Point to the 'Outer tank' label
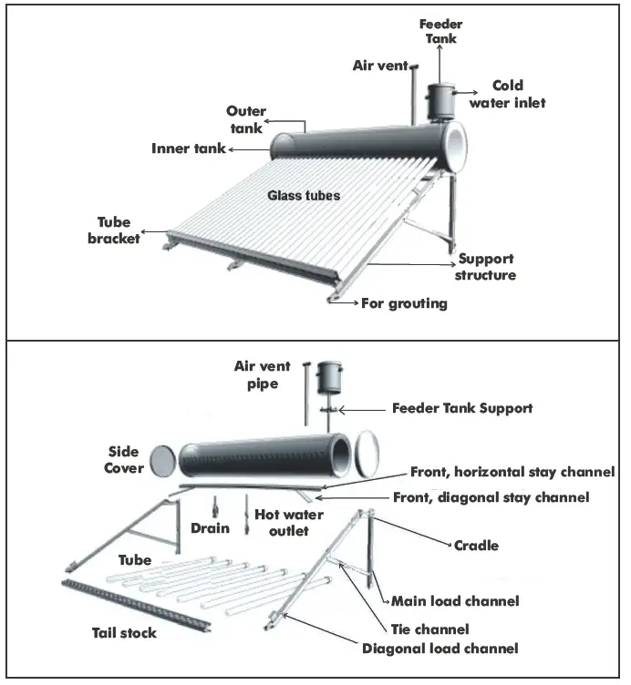[x=246, y=119]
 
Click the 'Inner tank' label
[x=188, y=148]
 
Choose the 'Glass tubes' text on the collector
[x=304, y=195]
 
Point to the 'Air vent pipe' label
[x=262, y=374]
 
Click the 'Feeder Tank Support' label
[x=461, y=408]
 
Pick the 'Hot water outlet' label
[x=288, y=521]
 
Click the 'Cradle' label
[x=476, y=546]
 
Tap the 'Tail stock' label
[x=125, y=632]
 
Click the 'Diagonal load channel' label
[x=440, y=649]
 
